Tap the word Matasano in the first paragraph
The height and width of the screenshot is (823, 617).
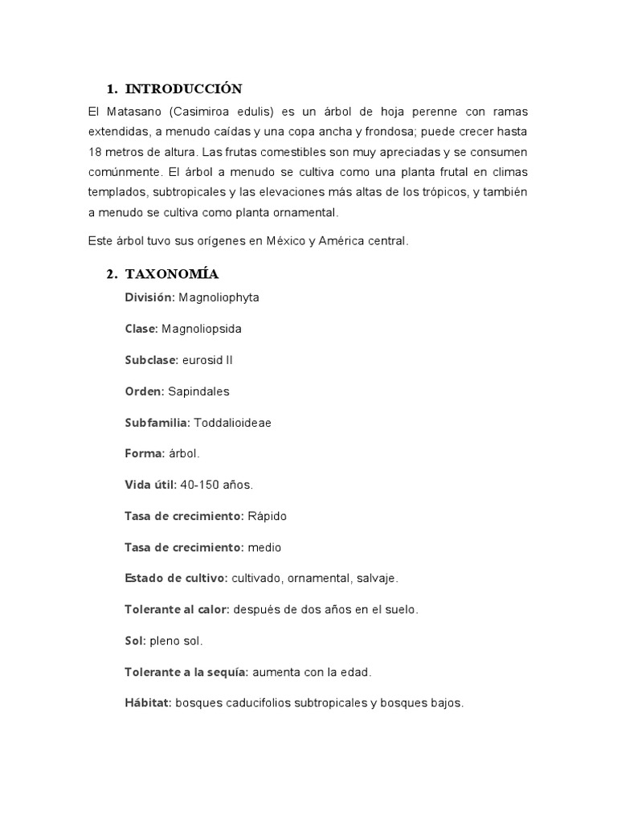133,110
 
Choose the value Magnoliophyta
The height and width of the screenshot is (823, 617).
219,297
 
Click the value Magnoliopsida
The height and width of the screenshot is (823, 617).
201,329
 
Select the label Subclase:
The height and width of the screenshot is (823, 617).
151,360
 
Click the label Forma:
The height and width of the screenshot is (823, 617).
145,454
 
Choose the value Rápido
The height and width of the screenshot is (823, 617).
267,516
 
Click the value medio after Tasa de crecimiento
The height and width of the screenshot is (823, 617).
264,547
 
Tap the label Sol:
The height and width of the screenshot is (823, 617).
135,641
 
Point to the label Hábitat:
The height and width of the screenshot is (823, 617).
148,703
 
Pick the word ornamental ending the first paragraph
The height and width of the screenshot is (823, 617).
303,212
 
